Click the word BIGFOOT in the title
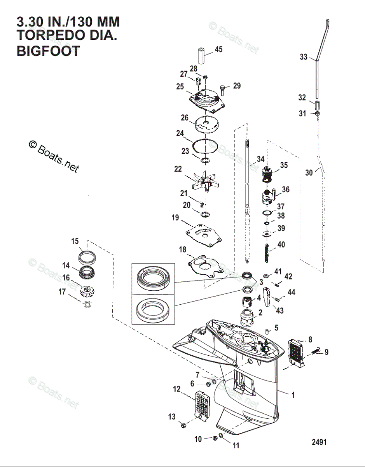48,51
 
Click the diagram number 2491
319,442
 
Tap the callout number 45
218,49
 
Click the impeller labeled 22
202,181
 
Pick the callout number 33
303,57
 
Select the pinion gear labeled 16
89,290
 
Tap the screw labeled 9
315,352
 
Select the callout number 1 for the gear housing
293,395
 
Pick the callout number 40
281,245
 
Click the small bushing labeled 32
316,106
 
